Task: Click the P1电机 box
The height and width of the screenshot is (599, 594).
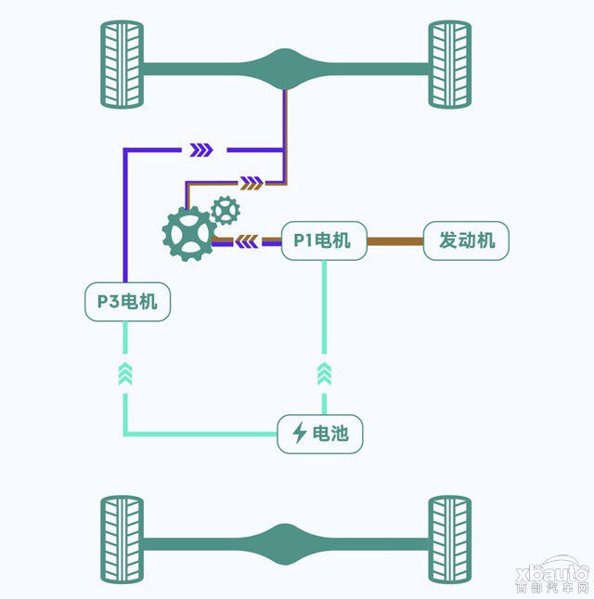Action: point(324,241)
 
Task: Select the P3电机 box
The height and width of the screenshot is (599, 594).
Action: point(127,302)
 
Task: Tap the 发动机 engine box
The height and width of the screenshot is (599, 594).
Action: point(466,241)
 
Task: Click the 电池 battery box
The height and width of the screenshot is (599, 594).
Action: point(320,434)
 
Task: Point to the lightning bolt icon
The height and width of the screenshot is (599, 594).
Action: point(300,433)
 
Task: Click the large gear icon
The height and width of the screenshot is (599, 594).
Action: point(189,234)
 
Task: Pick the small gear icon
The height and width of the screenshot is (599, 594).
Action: point(226,210)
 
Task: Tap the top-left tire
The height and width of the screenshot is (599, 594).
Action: point(123,64)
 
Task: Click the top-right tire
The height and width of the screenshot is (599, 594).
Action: point(450,64)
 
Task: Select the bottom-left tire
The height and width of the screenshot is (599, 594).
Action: point(123,540)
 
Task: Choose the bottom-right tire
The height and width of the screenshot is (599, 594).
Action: point(450,540)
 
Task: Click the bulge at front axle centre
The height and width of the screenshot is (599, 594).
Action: point(285,69)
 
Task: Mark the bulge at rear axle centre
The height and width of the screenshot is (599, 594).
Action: point(285,544)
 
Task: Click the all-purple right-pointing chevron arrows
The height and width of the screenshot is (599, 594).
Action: point(201,150)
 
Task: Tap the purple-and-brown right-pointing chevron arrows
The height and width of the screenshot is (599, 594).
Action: point(252,183)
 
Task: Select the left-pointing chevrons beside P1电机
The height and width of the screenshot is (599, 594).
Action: point(247,241)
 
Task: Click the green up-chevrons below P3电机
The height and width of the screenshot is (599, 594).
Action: point(125,374)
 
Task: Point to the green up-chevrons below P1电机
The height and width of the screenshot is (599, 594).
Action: point(324,374)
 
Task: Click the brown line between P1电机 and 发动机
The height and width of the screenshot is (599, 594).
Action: point(395,241)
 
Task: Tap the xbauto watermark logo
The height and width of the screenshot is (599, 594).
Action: point(552,577)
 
